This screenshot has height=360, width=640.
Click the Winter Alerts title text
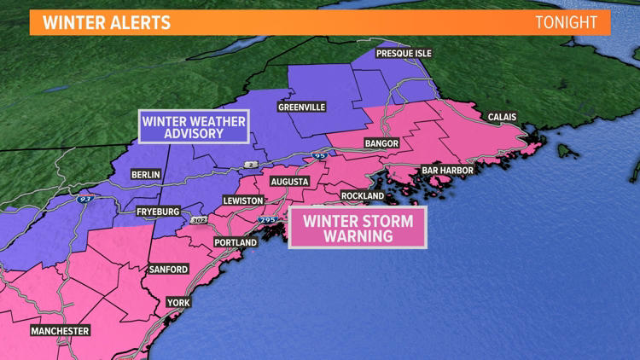(x=107, y=22)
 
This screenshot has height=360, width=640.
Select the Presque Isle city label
(x=404, y=53)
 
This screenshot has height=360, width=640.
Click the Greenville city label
(x=301, y=107)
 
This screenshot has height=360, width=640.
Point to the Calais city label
(x=502, y=117)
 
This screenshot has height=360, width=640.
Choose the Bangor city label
(x=381, y=143)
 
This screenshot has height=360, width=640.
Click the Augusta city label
(x=289, y=182)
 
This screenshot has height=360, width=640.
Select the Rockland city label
(x=363, y=195)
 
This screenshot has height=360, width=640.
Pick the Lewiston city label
(x=243, y=200)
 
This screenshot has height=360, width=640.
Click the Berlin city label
(x=145, y=174)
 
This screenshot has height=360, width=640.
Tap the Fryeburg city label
(x=158, y=211)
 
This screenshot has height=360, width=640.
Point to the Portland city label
(x=235, y=242)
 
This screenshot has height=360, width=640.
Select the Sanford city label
(x=168, y=269)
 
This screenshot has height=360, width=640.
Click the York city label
(x=178, y=302)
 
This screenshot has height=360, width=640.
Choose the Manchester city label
(x=60, y=330)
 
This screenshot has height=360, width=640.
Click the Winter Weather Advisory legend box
(x=194, y=127)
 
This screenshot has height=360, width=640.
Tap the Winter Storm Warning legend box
(x=357, y=229)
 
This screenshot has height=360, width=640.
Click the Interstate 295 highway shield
(x=266, y=220)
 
